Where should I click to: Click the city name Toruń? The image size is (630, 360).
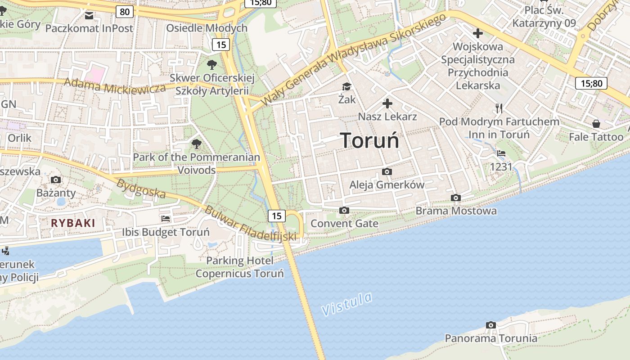(369, 140)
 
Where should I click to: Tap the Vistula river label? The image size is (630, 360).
(347, 304)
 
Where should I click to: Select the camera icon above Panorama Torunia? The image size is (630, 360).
(491, 325)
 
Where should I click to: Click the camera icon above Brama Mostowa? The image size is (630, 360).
(456, 198)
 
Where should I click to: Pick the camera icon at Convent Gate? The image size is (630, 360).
(344, 210)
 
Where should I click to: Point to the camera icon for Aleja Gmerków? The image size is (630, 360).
(387, 171)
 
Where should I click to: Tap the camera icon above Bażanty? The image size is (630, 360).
(56, 180)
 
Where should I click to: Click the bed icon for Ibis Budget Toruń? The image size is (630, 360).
(166, 219)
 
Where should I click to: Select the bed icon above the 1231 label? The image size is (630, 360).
(501, 153)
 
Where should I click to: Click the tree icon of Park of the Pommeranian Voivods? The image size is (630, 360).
(196, 144)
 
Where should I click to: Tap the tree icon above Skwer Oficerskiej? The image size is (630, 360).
(211, 64)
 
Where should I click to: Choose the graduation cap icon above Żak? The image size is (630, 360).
(346, 86)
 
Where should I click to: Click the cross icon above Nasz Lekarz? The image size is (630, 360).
(387, 104)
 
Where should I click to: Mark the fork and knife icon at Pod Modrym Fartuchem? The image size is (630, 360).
(499, 108)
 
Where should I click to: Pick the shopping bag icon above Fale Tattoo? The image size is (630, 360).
(596, 123)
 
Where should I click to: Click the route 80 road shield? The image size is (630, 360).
(124, 12)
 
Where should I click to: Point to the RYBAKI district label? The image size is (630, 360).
(73, 223)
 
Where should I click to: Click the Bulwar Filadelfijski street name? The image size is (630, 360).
(251, 223)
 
